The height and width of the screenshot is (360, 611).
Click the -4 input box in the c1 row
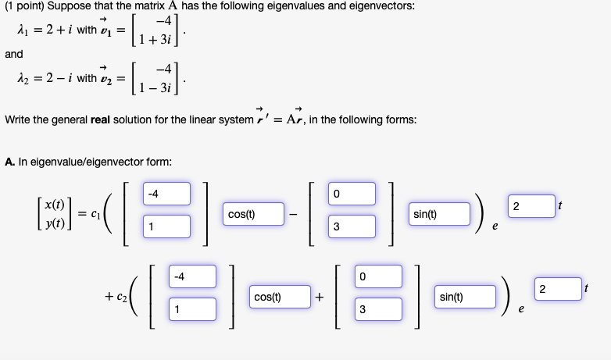click(166, 193)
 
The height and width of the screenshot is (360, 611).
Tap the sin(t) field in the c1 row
click(441, 213)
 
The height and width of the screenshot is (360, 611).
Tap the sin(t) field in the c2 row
click(466, 298)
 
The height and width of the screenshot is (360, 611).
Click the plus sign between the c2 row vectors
click(320, 298)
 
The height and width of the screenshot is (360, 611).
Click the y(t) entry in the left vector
click(54, 222)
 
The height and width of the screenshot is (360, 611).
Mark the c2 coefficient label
click(117, 298)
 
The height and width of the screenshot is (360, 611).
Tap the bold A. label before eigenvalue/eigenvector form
click(9, 162)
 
